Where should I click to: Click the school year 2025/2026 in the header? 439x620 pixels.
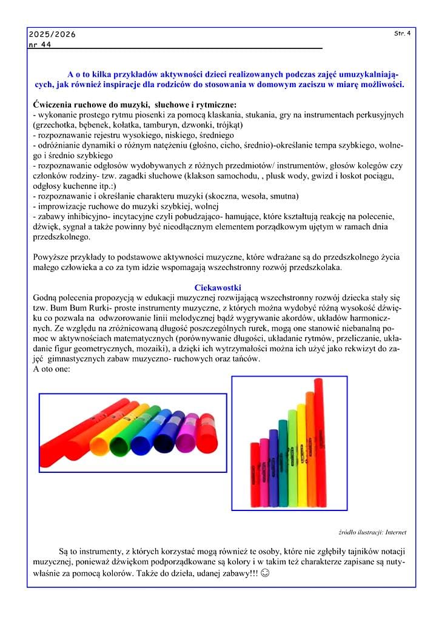pos(52,35)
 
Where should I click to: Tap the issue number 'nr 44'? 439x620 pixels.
pos(40,45)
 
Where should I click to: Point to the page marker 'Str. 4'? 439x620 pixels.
pos(402,33)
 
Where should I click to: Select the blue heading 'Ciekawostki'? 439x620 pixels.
pos(218,287)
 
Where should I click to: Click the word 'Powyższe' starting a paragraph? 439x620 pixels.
pos(50,257)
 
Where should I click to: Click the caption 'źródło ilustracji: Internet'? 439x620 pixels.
pos(372,532)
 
